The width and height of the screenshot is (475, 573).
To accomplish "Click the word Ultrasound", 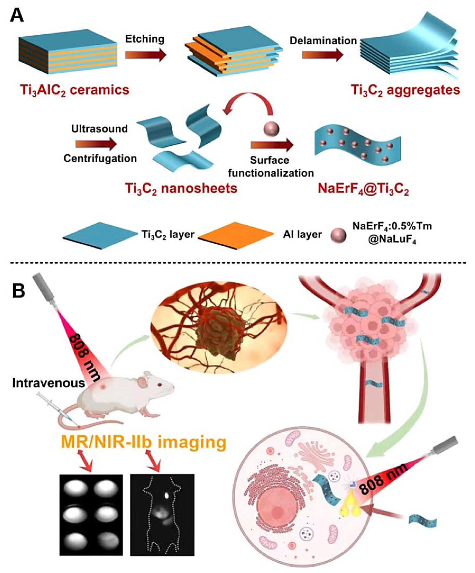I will [100, 128].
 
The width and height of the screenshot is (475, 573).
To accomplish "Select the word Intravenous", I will [49, 383].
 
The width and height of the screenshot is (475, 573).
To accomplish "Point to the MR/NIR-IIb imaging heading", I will [144, 442].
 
